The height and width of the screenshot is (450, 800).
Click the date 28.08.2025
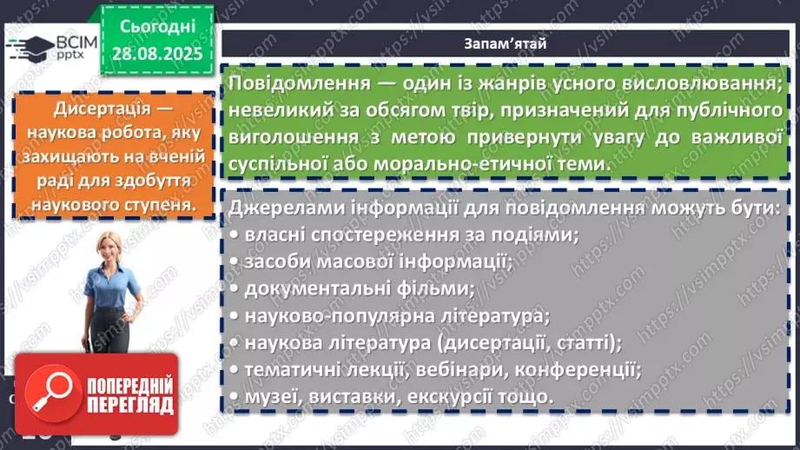[x=156, y=53]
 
